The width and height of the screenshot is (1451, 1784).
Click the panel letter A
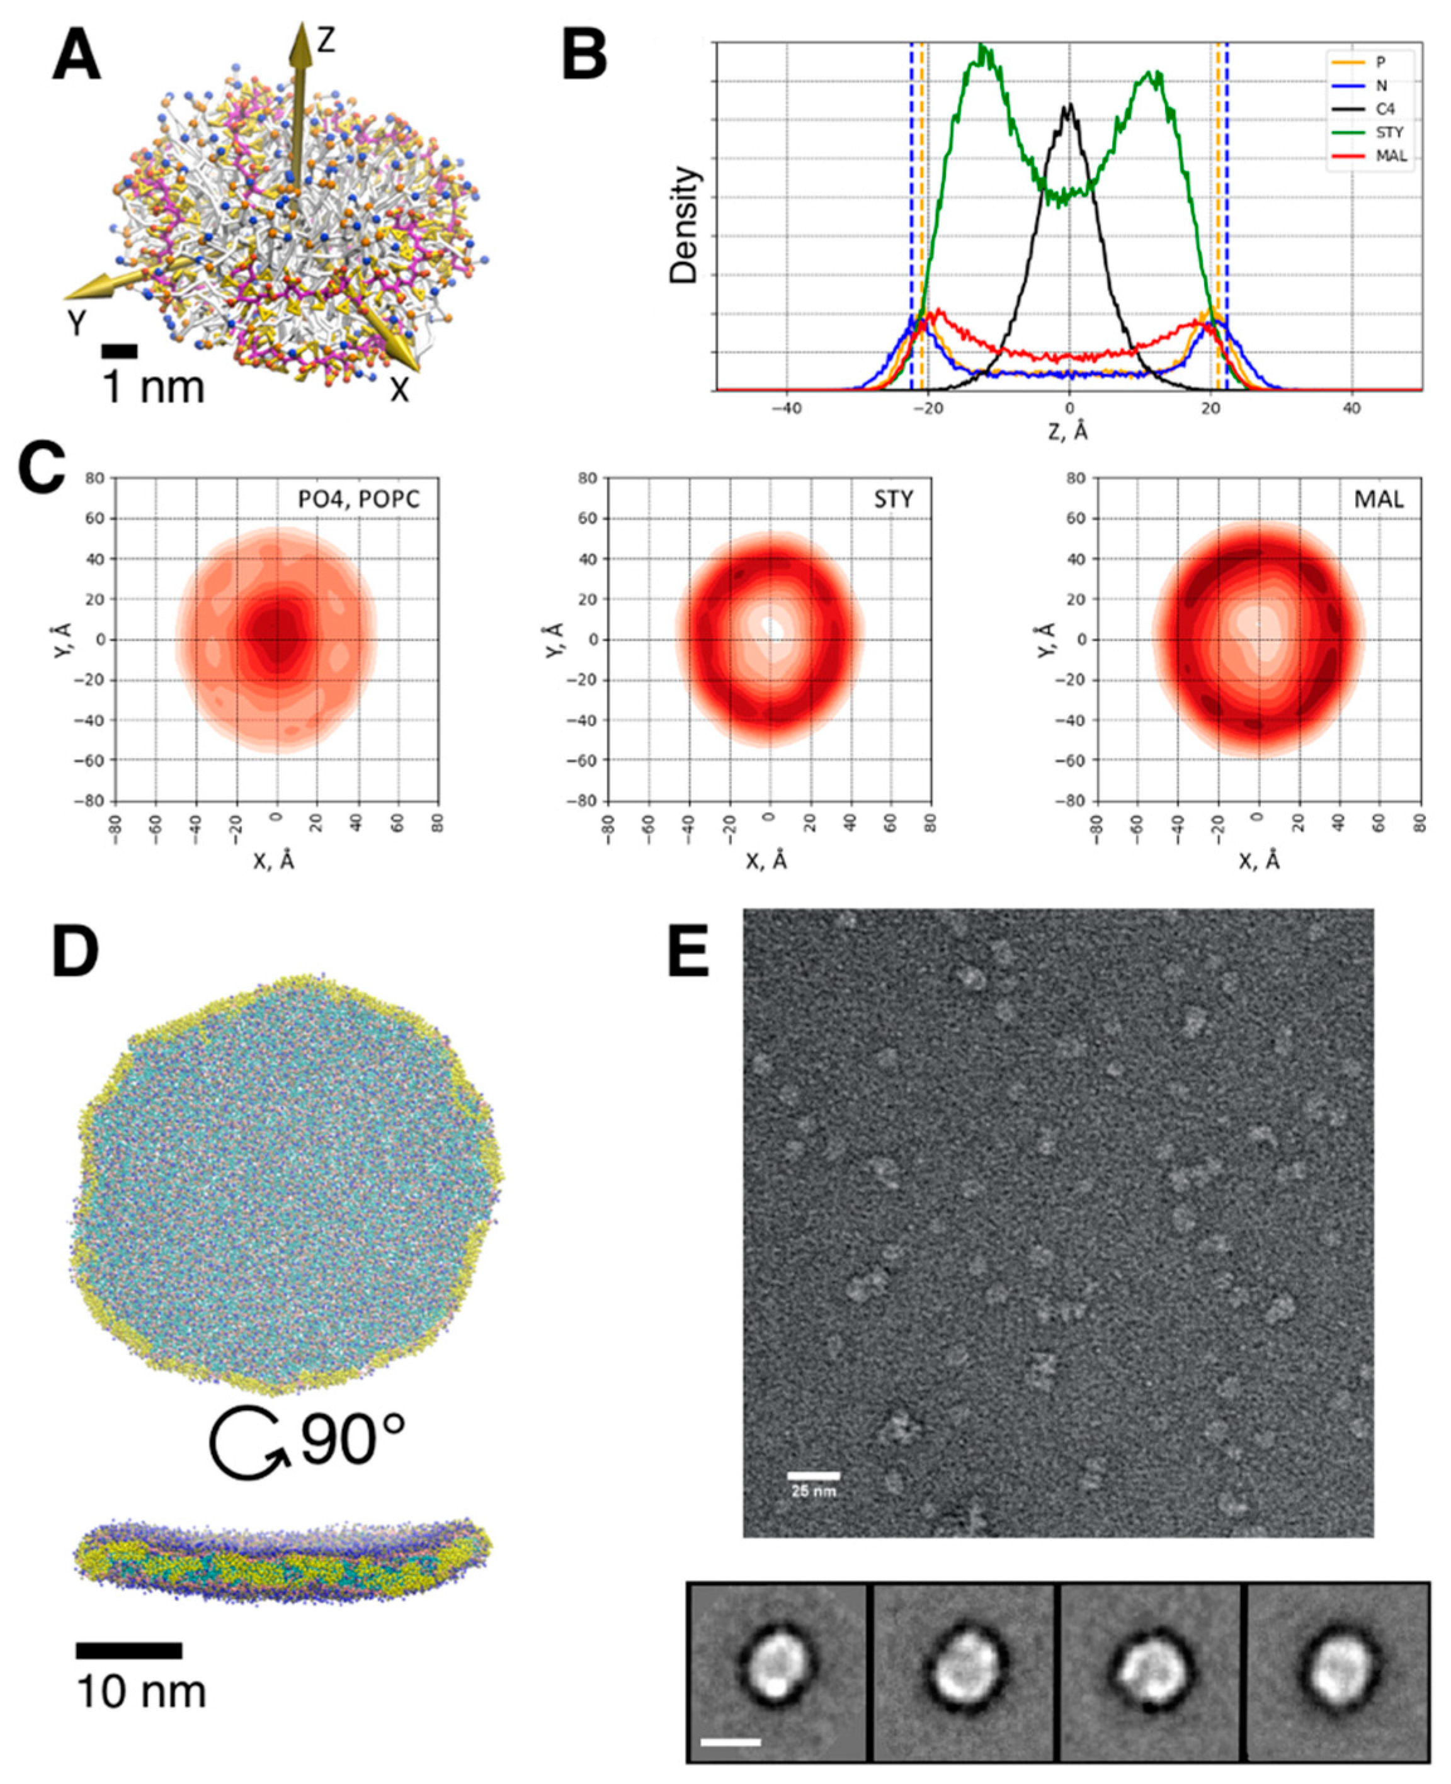[x=76, y=59]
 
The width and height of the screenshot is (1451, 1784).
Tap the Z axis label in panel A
[x=326, y=40]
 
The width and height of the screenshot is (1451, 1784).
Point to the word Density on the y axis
[x=685, y=225]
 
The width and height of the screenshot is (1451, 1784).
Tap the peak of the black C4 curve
[x=1068, y=105]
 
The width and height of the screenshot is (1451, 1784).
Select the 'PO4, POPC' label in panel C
[x=358, y=500]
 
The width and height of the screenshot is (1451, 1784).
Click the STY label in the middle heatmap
[x=894, y=500]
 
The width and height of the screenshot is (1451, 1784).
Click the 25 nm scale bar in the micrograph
[x=812, y=1476]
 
